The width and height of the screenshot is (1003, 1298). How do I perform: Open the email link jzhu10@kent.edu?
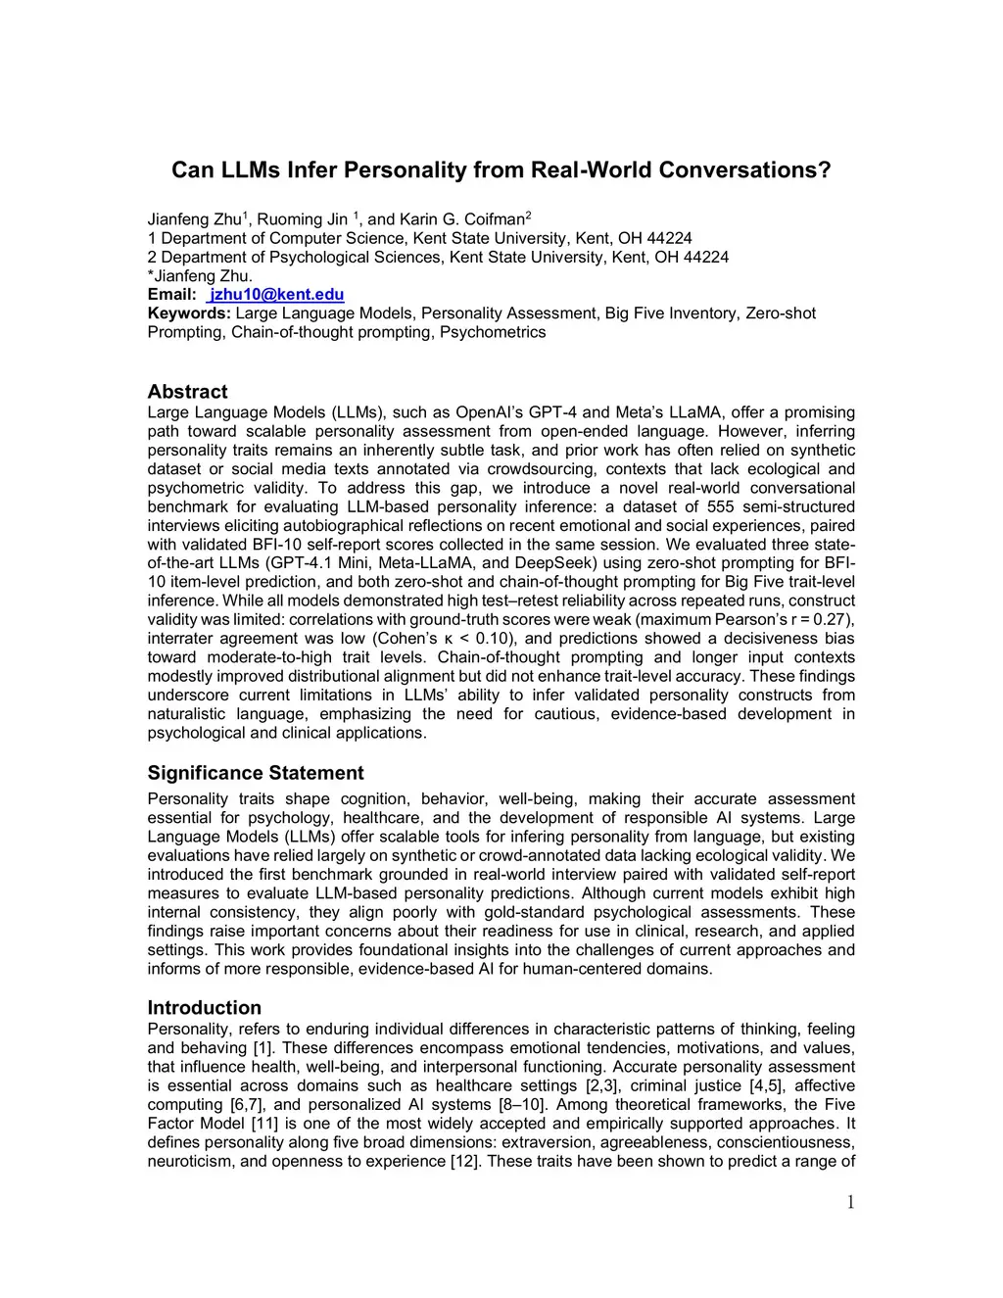pos(276,295)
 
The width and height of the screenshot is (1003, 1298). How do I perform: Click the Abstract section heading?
pos(187,392)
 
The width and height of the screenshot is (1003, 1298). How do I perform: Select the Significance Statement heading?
pos(255,773)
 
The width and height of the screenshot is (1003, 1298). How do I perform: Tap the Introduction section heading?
pos(204,1008)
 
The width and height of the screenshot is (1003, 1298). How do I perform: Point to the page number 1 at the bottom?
pos(850,1203)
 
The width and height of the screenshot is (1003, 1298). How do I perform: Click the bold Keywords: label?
pos(189,313)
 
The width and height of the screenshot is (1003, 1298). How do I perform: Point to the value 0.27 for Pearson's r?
pos(832,620)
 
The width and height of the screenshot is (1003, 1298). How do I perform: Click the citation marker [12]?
pos(464,1162)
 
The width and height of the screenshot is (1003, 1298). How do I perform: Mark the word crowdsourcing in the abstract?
pos(537,469)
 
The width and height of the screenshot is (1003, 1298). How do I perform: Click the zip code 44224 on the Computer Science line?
pos(668,238)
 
